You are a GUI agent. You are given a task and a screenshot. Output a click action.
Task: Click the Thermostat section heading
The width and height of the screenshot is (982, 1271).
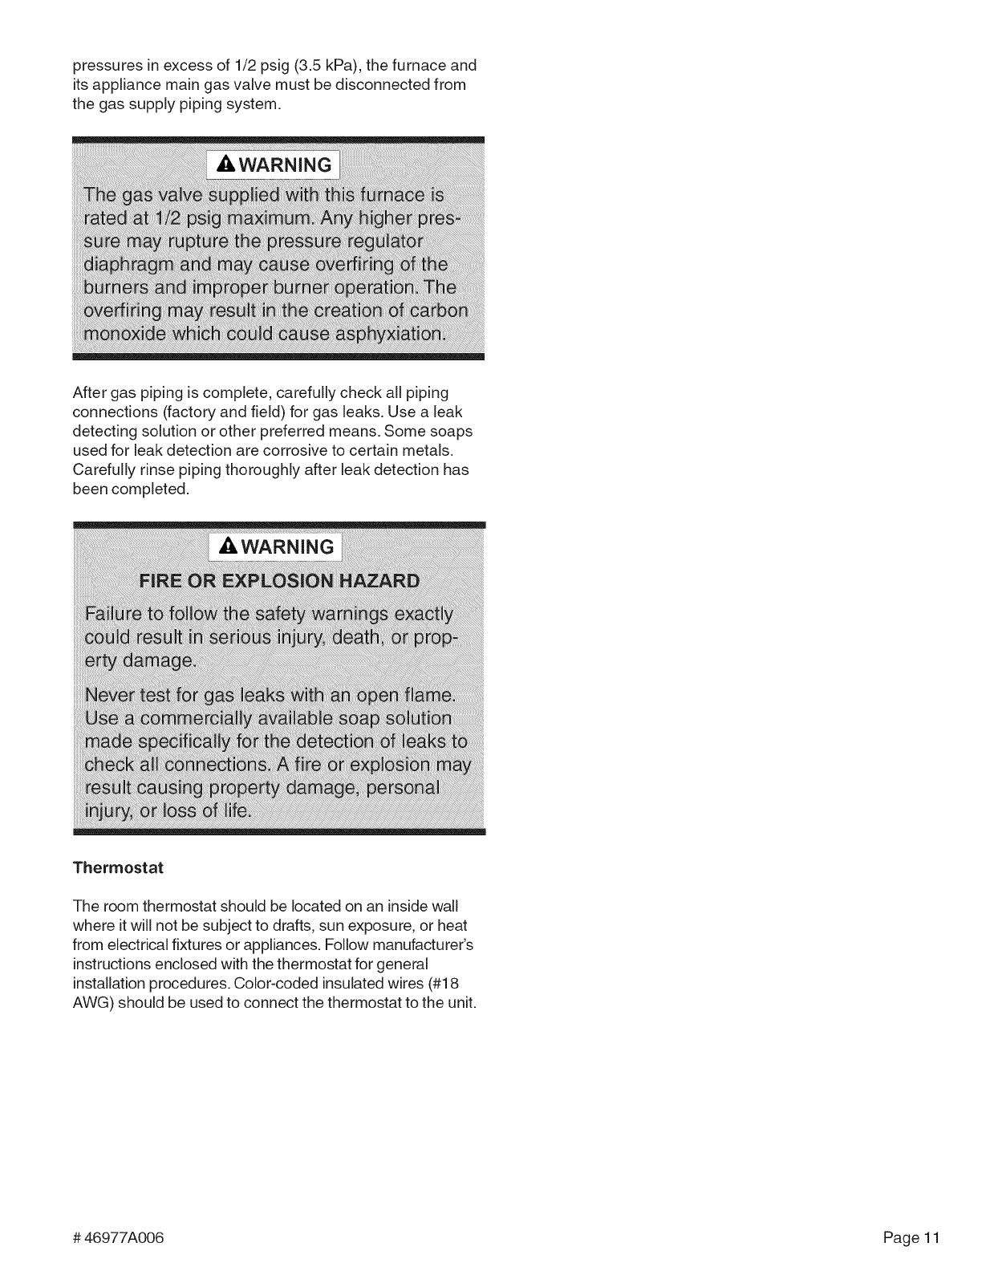tap(118, 867)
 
